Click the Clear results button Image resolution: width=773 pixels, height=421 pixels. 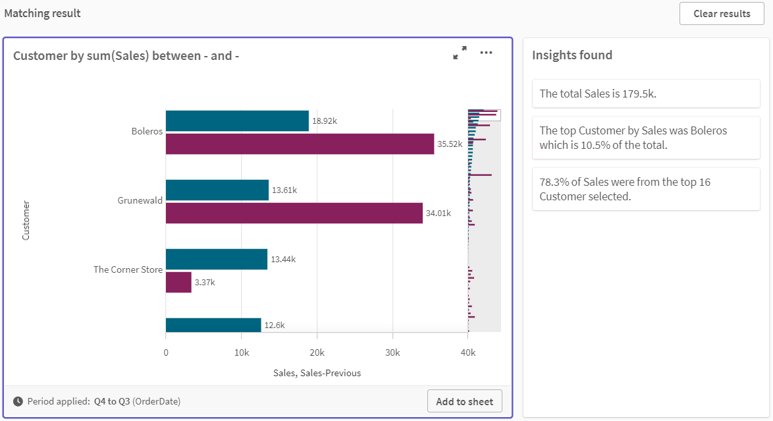pos(722,14)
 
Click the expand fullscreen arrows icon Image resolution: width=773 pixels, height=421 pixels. pos(460,53)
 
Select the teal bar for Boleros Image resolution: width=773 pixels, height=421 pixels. pos(237,121)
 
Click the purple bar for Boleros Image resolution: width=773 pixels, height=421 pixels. pos(300,144)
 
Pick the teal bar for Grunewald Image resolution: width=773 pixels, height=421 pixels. pos(217,190)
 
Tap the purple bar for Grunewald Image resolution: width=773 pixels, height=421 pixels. pos(294,213)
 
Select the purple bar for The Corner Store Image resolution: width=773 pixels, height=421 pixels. pos(178,282)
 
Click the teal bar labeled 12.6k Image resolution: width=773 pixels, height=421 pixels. pos(213,325)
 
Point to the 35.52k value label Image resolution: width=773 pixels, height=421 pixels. pos(451,144)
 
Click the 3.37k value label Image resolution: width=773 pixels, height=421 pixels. pos(205,283)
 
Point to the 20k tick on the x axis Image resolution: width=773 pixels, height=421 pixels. pos(317,352)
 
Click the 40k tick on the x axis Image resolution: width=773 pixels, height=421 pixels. pos(467,352)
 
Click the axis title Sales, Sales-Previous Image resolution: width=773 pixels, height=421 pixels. pos(317,373)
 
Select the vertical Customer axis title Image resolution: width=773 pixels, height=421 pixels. pos(26,220)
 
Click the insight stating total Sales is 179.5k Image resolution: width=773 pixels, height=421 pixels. pos(645,94)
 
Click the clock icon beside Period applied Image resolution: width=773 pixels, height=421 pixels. pos(18,401)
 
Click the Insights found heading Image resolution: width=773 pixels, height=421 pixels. pos(572,55)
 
